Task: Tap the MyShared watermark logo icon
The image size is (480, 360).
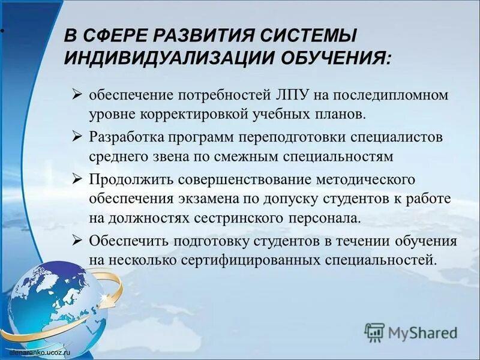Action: (x=374, y=331)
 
